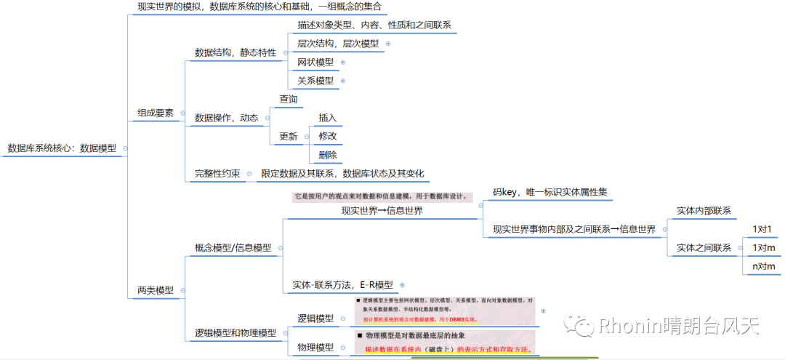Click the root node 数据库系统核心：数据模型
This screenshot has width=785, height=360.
tap(62, 148)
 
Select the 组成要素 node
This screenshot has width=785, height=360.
tap(156, 113)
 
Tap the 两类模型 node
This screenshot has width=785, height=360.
tap(156, 290)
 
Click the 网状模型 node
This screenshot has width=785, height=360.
tap(315, 63)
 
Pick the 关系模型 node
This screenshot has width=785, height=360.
tap(315, 81)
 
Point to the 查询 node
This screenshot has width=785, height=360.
tap(289, 99)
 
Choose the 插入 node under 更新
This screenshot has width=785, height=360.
tap(328, 118)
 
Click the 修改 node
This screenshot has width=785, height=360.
tap(328, 136)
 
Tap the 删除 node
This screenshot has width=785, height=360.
tap(328, 155)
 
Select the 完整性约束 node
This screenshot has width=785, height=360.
tap(217, 174)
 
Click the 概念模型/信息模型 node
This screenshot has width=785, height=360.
tap(233, 248)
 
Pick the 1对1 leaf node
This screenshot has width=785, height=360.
tap(762, 229)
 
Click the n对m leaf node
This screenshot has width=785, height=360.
tap(763, 267)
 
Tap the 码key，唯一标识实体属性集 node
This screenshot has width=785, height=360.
tap(550, 193)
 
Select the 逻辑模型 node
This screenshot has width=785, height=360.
tap(316, 319)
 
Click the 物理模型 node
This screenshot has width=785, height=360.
tap(316, 348)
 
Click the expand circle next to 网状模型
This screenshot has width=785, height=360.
tap(343, 63)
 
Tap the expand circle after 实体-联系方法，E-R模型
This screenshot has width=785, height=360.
tap(402, 285)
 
